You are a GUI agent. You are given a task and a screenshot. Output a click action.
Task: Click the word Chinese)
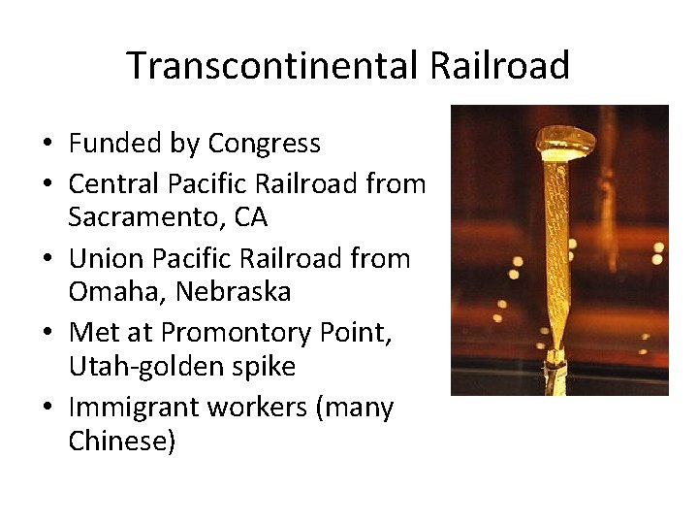pyautogui.click(x=121, y=442)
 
